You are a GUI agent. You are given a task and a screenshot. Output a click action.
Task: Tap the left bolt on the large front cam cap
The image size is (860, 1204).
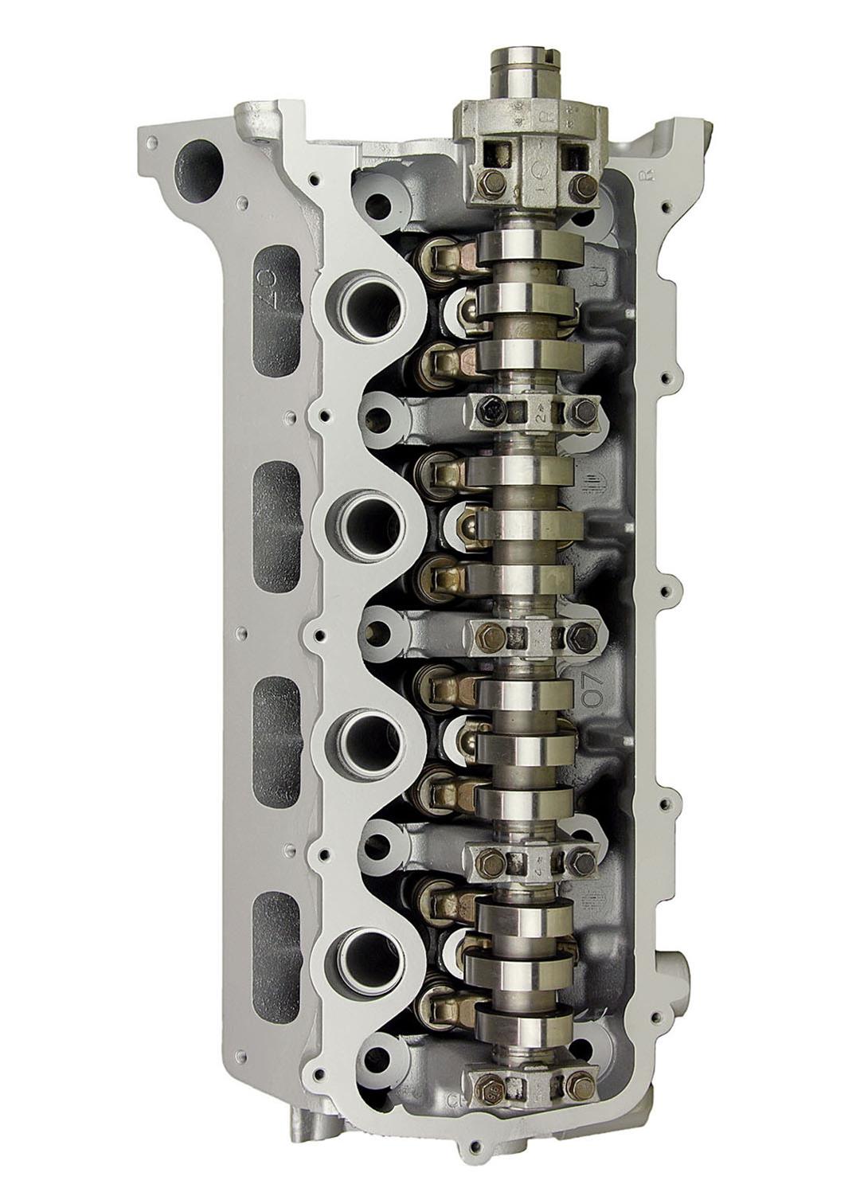pos(471,183)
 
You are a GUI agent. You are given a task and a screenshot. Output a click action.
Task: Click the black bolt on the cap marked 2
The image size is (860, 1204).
pos(487,412)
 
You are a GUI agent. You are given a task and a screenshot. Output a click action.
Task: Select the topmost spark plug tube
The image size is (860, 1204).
pos(369,306)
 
